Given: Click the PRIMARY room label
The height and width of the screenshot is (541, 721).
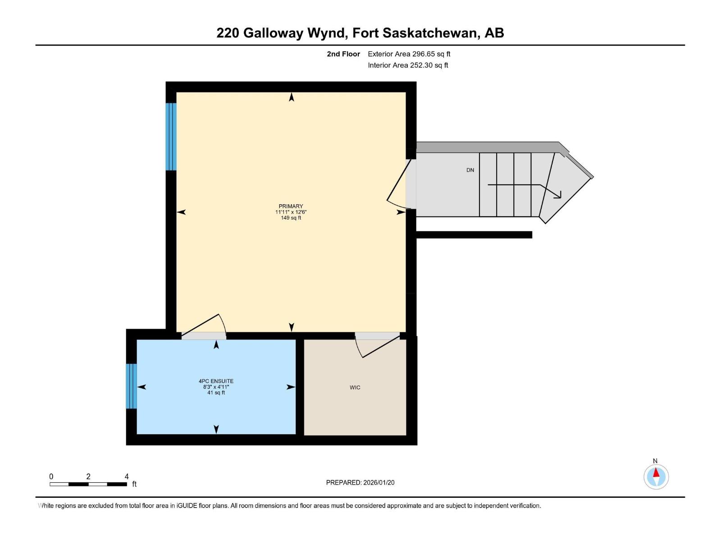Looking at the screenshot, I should coord(291,206).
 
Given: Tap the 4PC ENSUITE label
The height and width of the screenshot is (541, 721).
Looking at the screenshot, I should coord(216,381).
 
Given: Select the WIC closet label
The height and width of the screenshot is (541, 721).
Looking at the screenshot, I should coord(355,387).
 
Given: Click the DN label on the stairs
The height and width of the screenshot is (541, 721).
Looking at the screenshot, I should coord(470,170).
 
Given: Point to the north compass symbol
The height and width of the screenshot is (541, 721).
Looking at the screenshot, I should coord(656,477).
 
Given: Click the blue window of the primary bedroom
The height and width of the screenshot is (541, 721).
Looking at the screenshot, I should coord(171,137).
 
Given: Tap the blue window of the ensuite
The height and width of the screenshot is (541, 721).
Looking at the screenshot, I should coord(131,386).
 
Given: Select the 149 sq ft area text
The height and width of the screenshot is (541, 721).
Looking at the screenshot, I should coord(291,218).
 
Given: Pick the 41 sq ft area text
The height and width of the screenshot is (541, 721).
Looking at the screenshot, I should coord(216,393).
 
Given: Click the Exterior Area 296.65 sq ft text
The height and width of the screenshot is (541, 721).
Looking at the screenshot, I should coord(409,54).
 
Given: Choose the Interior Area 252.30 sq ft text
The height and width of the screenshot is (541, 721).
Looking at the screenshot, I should coord(408,65).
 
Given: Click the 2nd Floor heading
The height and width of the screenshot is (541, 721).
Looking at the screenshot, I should coord(343,54).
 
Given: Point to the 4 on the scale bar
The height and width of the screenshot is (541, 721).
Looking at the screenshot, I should coord(127,477).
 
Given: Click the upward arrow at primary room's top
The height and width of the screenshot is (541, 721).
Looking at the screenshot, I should coord(292,97).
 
